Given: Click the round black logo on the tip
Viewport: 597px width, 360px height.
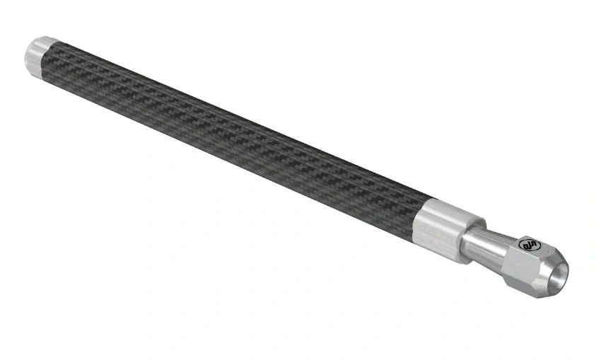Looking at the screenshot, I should click(x=528, y=245).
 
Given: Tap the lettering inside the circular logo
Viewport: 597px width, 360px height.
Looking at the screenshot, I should click(x=528, y=245).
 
